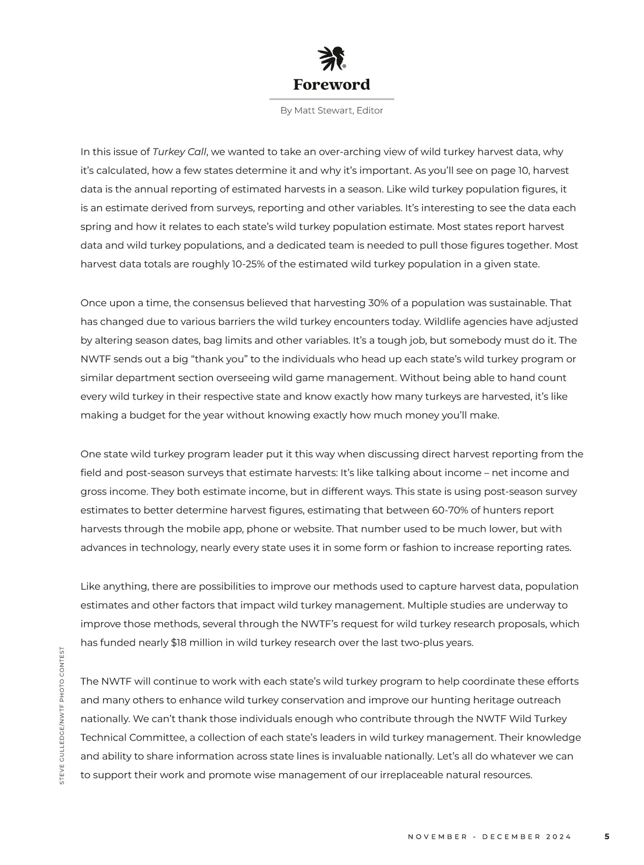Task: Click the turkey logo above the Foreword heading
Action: pos(332,59)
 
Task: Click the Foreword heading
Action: pos(332,85)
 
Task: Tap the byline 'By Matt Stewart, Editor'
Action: pos(332,110)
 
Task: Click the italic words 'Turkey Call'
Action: pos(179,152)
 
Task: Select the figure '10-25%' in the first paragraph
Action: pos(248,264)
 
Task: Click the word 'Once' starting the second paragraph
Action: pos(93,303)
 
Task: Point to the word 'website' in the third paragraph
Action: pos(314,529)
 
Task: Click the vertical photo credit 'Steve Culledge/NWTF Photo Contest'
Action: pos(62,715)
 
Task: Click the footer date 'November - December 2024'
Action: pos(490,837)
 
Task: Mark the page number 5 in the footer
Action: pos(607,837)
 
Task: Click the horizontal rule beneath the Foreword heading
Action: pos(332,99)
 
